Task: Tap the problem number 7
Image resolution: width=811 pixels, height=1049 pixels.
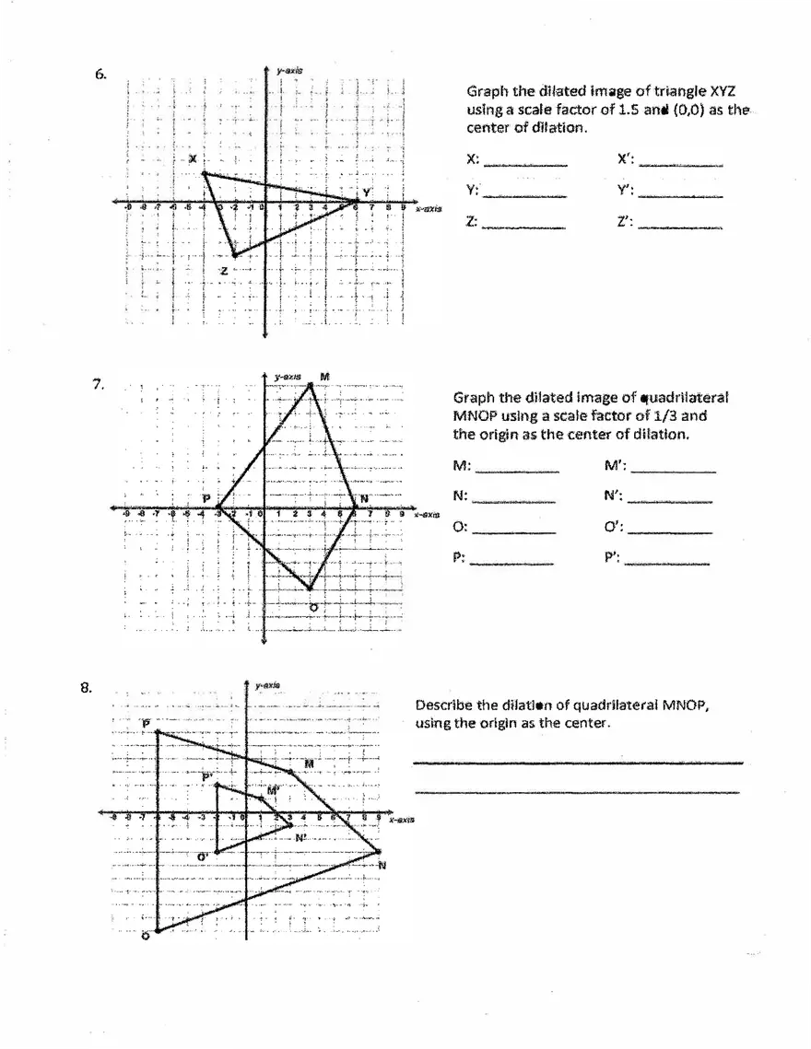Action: (97, 384)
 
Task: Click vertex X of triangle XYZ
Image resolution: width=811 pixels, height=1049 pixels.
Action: (203, 173)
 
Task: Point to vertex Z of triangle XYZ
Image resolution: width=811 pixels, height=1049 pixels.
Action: (234, 255)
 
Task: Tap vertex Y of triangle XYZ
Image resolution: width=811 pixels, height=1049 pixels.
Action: (358, 201)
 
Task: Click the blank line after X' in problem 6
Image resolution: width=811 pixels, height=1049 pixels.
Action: (681, 164)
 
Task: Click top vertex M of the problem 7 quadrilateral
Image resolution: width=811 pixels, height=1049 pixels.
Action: (311, 384)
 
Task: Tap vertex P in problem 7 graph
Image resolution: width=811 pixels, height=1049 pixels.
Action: (218, 507)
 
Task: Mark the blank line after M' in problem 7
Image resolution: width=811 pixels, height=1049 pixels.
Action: (673, 472)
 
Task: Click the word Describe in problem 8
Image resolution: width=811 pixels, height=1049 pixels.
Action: (445, 705)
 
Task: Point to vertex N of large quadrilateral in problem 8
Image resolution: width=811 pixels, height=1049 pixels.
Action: (379, 852)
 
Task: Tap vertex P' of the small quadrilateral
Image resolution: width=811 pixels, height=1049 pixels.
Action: (217, 785)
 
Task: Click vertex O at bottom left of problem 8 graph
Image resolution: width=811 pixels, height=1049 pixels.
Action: (158, 931)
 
